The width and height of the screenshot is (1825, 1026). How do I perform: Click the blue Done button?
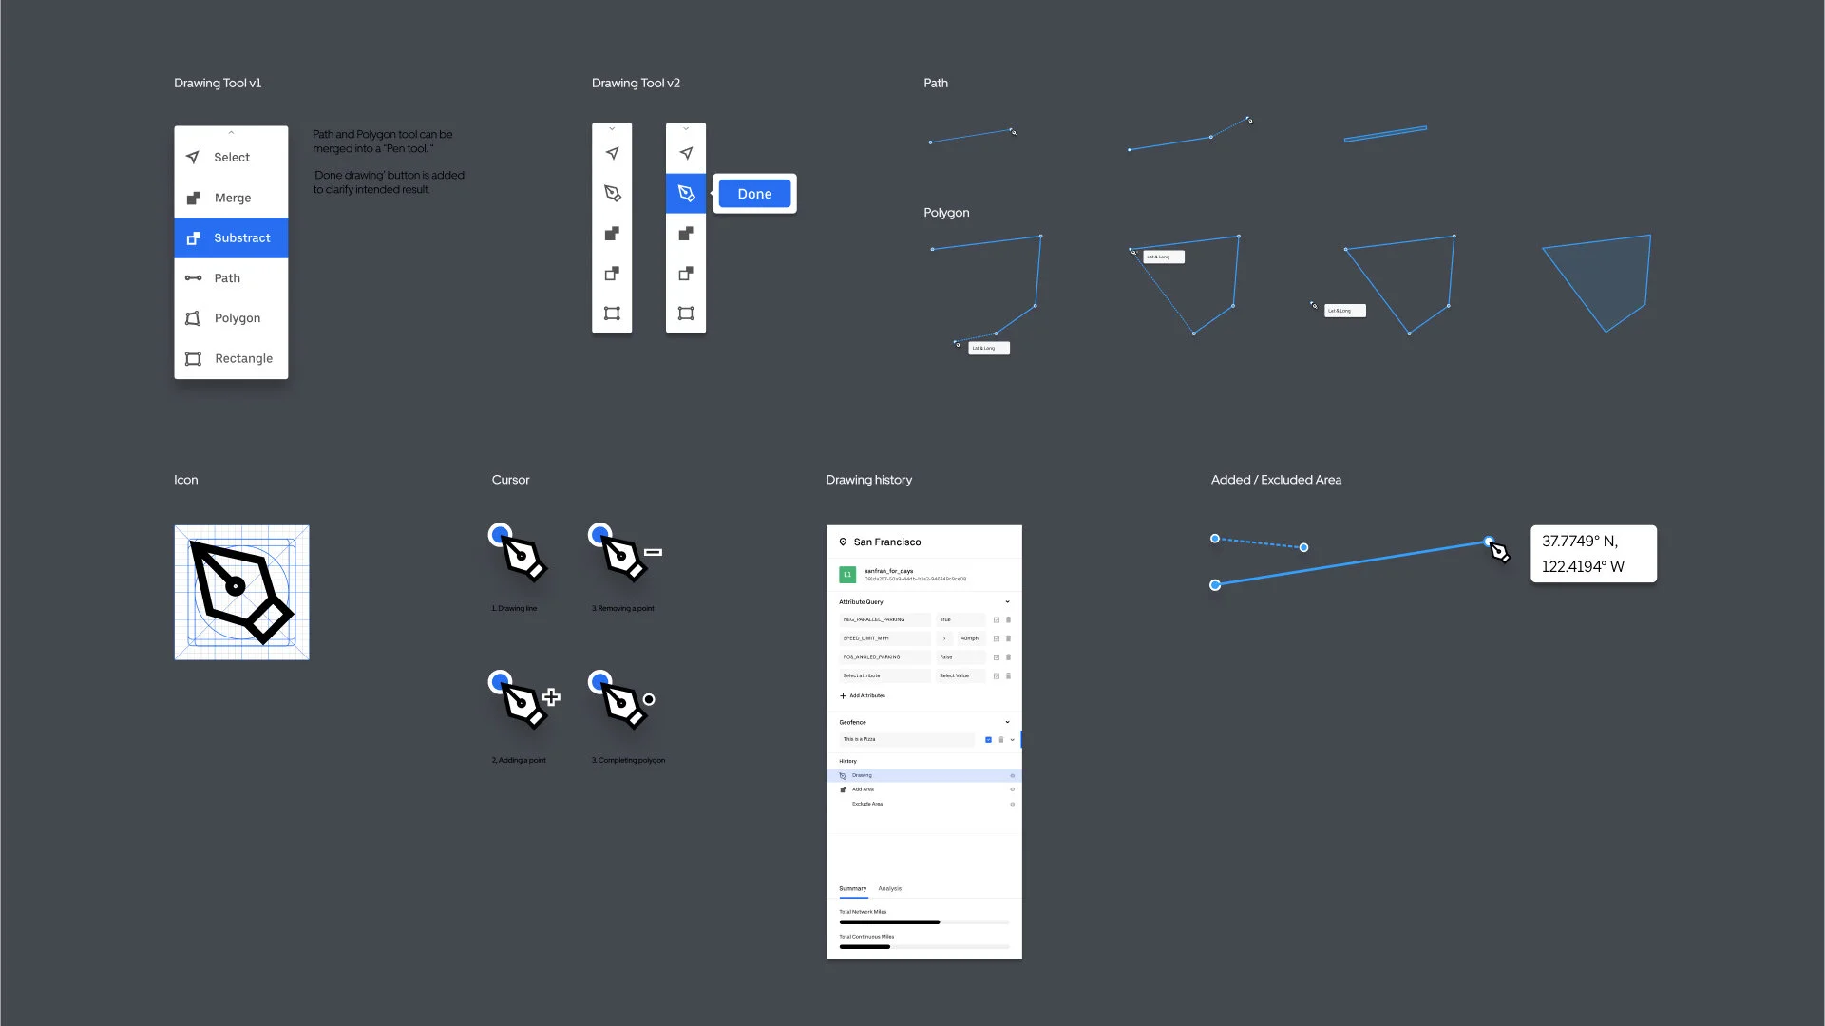click(754, 194)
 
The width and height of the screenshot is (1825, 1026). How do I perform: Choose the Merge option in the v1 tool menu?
click(231, 198)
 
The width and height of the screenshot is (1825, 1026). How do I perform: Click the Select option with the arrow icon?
click(231, 158)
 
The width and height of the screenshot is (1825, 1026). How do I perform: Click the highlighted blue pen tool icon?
click(686, 194)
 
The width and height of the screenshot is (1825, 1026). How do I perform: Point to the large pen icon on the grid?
click(241, 592)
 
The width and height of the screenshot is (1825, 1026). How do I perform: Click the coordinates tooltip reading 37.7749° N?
click(1593, 554)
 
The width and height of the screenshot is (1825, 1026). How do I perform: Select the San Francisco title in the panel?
click(886, 542)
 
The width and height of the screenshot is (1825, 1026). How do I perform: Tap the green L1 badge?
click(847, 575)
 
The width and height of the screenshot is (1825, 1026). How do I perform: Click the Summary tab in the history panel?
click(852, 889)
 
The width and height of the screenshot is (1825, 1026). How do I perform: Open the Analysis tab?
click(890, 889)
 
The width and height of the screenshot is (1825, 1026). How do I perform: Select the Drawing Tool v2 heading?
click(636, 84)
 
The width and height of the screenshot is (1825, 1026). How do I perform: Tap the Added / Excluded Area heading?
click(1276, 481)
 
